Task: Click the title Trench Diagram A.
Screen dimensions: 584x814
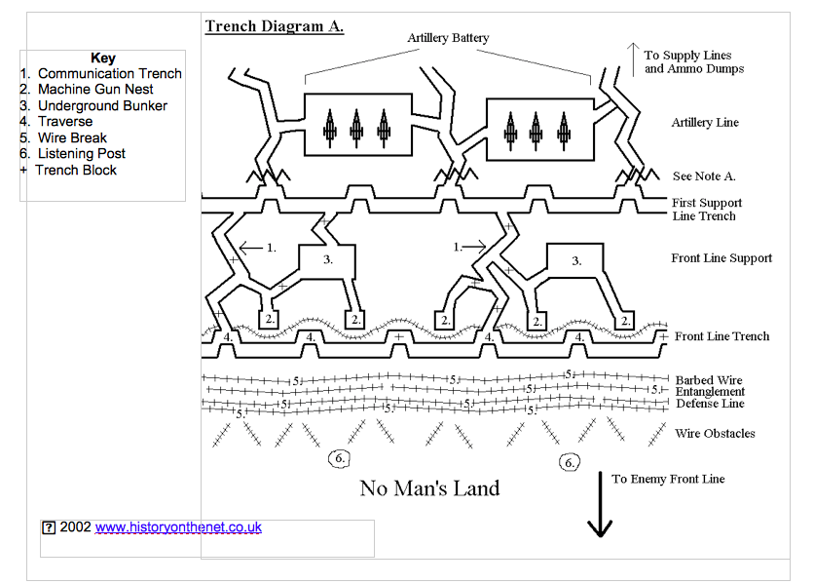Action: click(x=274, y=26)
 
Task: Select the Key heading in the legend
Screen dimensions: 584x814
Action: click(x=102, y=58)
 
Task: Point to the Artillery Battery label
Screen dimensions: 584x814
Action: click(x=448, y=38)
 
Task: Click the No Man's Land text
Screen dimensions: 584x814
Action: click(x=429, y=488)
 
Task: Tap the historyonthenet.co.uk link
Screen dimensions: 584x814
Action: click(x=178, y=526)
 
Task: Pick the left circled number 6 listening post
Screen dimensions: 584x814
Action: click(x=338, y=457)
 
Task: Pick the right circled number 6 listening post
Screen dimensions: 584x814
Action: click(x=570, y=462)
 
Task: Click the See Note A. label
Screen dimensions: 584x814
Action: click(x=704, y=176)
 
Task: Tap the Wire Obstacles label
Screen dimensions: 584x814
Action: click(x=714, y=434)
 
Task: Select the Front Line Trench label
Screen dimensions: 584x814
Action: click(x=721, y=336)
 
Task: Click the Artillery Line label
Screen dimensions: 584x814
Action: click(x=705, y=123)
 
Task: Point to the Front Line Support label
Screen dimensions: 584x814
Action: click(x=721, y=258)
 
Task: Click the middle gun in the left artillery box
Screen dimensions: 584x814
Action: click(x=356, y=125)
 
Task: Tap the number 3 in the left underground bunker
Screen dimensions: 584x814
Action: click(x=328, y=259)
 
